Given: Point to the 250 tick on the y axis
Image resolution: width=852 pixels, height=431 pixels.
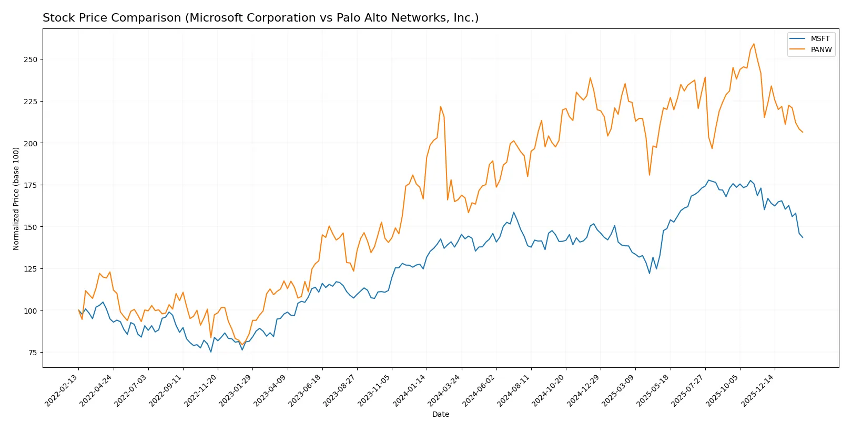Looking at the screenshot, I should click(x=31, y=59).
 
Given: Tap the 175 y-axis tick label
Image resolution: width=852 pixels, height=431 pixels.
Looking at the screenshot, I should click(x=31, y=185).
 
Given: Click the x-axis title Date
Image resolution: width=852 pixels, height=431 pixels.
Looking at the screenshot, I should click(x=440, y=414).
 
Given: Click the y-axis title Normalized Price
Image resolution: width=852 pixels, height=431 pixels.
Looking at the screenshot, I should click(x=16, y=198).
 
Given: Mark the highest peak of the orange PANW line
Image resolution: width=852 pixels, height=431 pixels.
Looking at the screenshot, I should click(x=754, y=44).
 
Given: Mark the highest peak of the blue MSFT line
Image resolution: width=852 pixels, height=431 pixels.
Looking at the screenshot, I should click(x=708, y=180).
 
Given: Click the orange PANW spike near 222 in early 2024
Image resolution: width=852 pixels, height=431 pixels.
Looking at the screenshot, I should click(x=441, y=106).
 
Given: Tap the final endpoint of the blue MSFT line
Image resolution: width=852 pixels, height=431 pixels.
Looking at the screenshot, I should click(x=803, y=237).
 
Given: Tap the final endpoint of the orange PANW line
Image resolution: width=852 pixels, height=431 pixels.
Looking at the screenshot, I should click(x=803, y=132).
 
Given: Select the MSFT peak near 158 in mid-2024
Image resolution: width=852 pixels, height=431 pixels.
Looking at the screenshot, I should click(x=514, y=212).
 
